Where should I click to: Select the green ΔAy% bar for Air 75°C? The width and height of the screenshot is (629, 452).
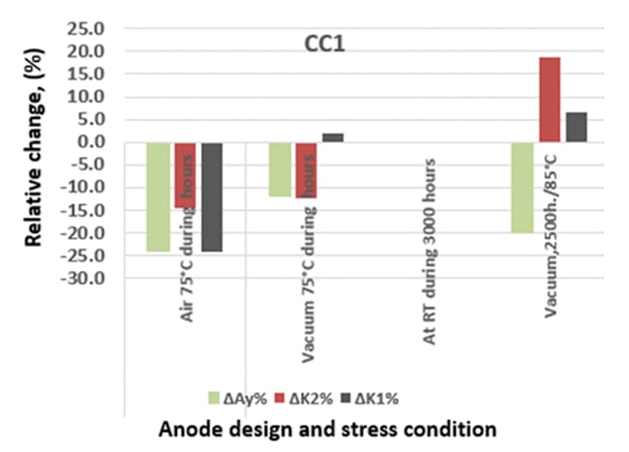pyautogui.click(x=159, y=196)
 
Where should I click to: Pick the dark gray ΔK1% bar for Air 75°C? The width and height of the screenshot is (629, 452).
pyautogui.click(x=211, y=196)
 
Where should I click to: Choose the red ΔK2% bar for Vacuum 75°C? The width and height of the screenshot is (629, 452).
pyautogui.click(x=306, y=170)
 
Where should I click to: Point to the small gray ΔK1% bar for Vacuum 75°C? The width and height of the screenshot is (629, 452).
pyautogui.click(x=332, y=138)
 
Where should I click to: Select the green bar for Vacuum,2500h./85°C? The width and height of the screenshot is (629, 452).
pyautogui.click(x=523, y=188)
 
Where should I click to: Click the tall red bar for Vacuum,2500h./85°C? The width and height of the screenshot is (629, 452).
pyautogui.click(x=549, y=100)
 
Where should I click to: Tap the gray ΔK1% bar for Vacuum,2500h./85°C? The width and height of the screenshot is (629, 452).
pyautogui.click(x=576, y=127)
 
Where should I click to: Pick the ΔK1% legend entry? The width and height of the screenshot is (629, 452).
pyautogui.click(x=373, y=397)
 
